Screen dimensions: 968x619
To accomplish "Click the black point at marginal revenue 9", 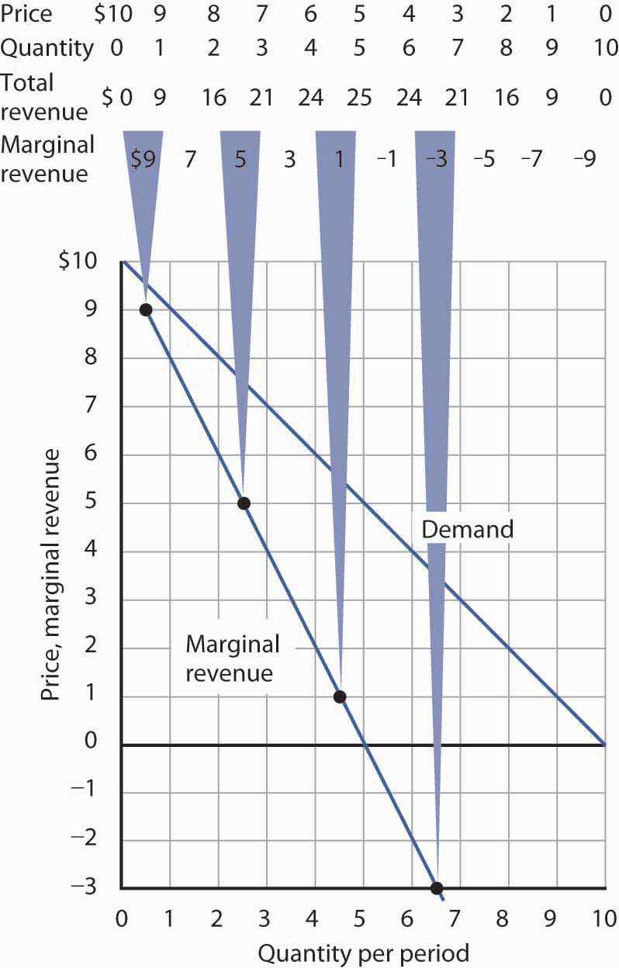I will pyautogui.click(x=145, y=310).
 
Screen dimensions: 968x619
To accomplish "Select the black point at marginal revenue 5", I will pyautogui.click(x=244, y=503).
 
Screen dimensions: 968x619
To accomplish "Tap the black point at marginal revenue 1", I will pyautogui.click(x=339, y=696).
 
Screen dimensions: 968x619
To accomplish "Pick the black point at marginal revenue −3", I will pyautogui.click(x=436, y=888).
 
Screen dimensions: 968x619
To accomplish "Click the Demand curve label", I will pyautogui.click(x=467, y=530).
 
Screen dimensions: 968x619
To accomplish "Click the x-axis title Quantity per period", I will pyautogui.click(x=363, y=952).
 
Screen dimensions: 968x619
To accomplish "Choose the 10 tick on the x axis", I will pyautogui.click(x=604, y=920).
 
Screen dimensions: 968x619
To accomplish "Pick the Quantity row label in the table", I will pyautogui.click(x=47, y=48).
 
